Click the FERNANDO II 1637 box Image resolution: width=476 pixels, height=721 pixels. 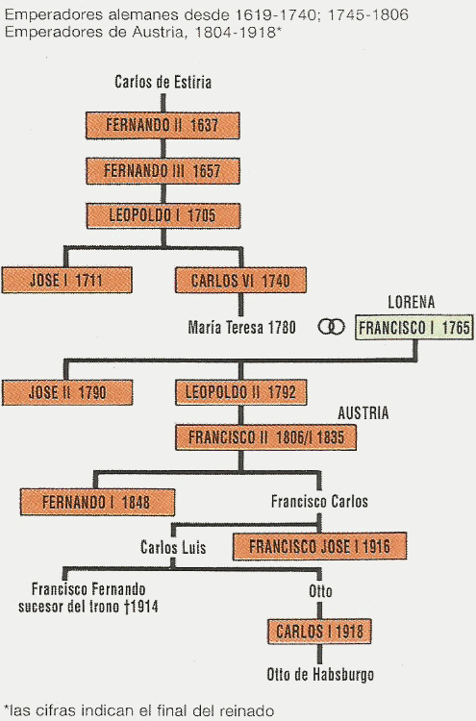(163, 125)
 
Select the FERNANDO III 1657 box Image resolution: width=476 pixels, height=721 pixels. (163, 171)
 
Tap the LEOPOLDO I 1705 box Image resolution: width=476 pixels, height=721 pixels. (163, 215)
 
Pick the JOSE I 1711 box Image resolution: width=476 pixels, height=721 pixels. (67, 280)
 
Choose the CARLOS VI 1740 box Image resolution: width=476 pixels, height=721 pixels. (240, 280)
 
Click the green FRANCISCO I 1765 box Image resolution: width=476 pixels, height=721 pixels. (413, 328)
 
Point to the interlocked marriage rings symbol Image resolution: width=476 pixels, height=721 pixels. (331, 327)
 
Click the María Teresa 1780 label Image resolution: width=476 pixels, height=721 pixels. (242, 328)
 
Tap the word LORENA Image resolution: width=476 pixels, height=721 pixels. (412, 302)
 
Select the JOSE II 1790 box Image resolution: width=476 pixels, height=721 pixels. (67, 392)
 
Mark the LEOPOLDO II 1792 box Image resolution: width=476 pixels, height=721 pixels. (241, 392)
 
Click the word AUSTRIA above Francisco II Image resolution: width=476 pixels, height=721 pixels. (363, 413)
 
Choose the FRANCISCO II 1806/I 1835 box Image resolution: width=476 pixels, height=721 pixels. (265, 436)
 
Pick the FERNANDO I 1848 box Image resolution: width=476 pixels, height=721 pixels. (97, 502)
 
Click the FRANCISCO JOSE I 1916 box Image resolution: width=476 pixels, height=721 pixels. (319, 546)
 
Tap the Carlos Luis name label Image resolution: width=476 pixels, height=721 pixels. (173, 547)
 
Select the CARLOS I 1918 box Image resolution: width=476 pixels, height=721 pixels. (319, 632)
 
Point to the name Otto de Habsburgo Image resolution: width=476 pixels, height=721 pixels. (320, 675)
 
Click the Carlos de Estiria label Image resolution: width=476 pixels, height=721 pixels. (163, 83)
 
